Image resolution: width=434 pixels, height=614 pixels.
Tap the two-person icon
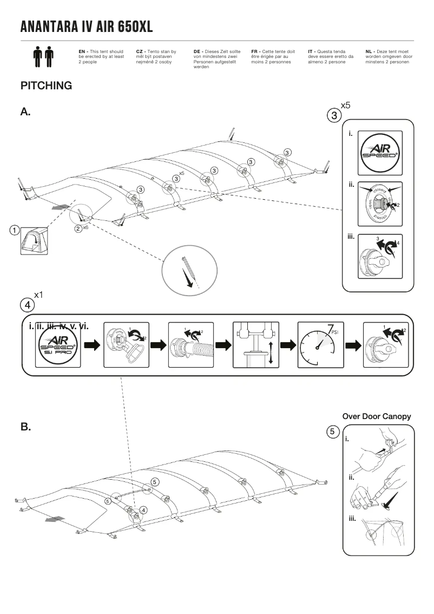(x=44, y=56)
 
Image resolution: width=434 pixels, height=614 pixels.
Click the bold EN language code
(x=82, y=51)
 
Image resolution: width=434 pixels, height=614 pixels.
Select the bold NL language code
(x=369, y=51)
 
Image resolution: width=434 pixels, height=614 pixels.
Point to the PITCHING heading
(x=46, y=86)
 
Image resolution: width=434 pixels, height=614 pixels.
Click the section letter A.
(x=25, y=112)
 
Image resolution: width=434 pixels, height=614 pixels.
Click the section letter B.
(x=25, y=427)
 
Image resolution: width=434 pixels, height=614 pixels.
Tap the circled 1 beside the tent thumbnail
(x=15, y=230)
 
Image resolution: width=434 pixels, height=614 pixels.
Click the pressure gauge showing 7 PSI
(x=320, y=345)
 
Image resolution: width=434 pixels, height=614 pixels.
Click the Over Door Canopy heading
(x=377, y=416)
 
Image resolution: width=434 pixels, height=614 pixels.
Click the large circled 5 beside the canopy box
(x=333, y=432)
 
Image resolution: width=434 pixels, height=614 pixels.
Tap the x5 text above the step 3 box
(x=346, y=105)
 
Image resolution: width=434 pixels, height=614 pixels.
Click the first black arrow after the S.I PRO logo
(x=93, y=345)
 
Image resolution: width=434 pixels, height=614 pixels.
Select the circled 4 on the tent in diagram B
(x=143, y=510)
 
